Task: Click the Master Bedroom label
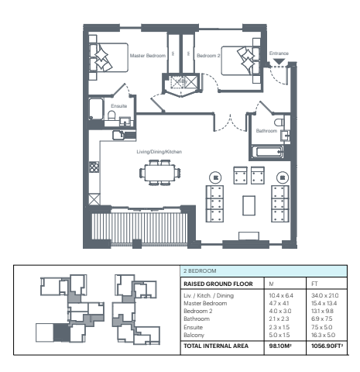pos(148,56)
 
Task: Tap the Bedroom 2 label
pos(208,56)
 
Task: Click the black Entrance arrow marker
pos(279,61)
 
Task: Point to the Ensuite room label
pos(119,106)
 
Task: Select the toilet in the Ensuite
pos(111,115)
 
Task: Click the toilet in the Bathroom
pos(279,122)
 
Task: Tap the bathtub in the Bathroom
pos(268,152)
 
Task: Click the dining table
pos(159,173)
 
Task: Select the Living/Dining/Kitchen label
pos(159,152)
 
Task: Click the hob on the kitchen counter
pos(94,167)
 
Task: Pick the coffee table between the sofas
pos(249,205)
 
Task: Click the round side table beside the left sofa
pos(215,177)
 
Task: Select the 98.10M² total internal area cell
pos(280,346)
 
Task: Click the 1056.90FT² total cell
pos(327,346)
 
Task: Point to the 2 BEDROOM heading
pos(200,270)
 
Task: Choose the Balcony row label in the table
pos(194,335)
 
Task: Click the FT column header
pos(314,284)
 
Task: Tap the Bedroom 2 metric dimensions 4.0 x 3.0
pos(280,311)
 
